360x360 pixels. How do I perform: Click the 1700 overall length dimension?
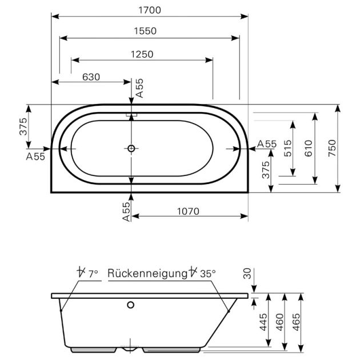[149, 10]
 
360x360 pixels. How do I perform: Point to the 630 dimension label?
[91, 77]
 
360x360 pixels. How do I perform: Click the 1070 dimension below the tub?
[187, 211]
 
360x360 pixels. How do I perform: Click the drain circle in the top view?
[131, 149]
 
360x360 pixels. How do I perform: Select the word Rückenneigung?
[147, 274]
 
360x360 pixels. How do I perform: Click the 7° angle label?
[93, 274]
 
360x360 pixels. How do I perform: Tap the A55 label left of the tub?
[35, 157]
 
